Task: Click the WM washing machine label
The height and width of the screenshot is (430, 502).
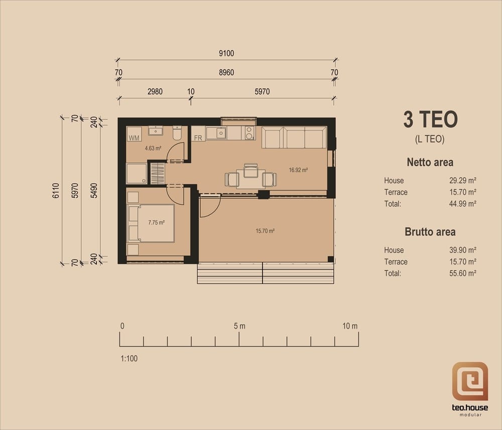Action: [x=134, y=138]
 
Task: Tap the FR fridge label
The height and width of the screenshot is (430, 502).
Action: [x=198, y=138]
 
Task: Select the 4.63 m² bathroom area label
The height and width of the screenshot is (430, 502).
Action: [x=153, y=148]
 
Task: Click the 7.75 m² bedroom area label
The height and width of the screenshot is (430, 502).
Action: [x=156, y=222]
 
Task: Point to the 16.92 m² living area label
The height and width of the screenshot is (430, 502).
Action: [x=298, y=170]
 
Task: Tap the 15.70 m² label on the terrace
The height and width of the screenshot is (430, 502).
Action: [x=265, y=231]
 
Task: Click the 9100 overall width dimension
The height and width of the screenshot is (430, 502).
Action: [x=226, y=53]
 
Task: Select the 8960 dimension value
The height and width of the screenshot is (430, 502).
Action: [x=226, y=72]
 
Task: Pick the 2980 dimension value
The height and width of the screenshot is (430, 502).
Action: [x=155, y=91]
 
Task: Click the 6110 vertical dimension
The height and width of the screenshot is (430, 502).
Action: [x=56, y=191]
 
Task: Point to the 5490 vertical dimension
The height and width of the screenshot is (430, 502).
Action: [x=94, y=191]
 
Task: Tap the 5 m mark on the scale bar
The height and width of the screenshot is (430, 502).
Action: [x=239, y=326]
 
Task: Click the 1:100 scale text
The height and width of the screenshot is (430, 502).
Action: [x=129, y=358]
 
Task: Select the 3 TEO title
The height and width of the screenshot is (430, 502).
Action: [x=430, y=119]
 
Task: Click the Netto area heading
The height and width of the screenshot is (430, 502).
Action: [x=430, y=162]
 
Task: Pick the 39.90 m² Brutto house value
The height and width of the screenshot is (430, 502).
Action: [x=463, y=250]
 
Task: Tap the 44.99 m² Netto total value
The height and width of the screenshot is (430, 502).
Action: [x=463, y=204]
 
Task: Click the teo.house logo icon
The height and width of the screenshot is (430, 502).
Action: [x=470, y=381]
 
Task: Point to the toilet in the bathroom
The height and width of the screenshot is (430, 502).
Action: [x=177, y=133]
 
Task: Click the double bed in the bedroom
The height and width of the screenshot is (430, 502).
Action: [x=151, y=223]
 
